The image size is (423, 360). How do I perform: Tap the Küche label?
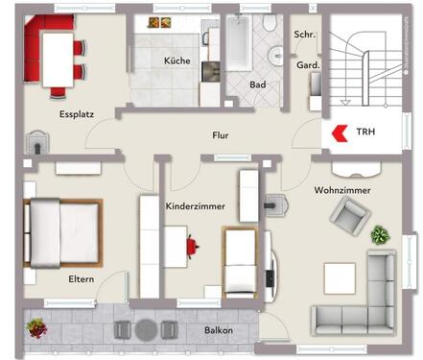(176, 60)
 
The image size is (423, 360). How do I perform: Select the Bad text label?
(257, 84)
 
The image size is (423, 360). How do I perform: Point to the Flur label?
(221, 135)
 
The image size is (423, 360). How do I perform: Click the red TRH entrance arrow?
(339, 132)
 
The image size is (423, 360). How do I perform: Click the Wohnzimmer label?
(342, 190)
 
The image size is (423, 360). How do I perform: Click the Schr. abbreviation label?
(305, 34)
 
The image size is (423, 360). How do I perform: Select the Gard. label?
(308, 65)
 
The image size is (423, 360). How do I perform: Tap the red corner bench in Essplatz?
(33, 48)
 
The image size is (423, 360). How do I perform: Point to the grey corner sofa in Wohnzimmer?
(365, 298)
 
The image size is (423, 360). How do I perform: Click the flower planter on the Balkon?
(36, 327)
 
